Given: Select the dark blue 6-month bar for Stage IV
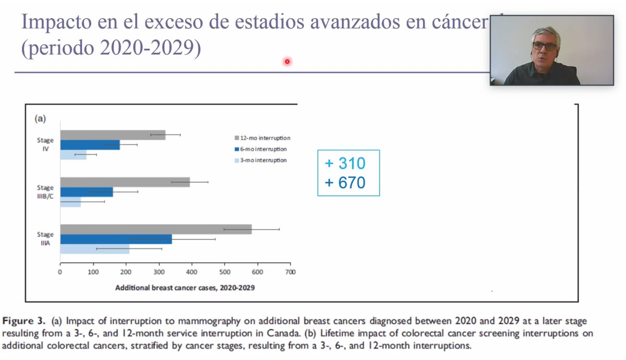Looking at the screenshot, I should [x=90, y=145].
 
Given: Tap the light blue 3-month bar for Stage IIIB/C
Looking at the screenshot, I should [x=70, y=202].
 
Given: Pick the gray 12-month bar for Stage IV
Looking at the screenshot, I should [x=113, y=135].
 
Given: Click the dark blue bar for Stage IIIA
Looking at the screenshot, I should [x=116, y=239].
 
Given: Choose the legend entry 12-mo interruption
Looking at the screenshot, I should [x=262, y=138].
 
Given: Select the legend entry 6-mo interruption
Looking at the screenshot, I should [x=260, y=149].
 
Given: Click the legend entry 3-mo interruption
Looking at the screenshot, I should [x=260, y=160].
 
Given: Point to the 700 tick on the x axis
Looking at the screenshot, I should [x=291, y=272].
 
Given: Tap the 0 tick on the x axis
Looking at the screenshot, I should [x=61, y=272].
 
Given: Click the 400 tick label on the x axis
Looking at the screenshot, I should [x=192, y=272].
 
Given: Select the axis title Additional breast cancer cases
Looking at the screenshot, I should [x=185, y=287].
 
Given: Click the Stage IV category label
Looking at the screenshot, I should [x=45, y=145].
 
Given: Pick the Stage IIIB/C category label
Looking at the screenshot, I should [x=45, y=191].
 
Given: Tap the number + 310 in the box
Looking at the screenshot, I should [x=345, y=163].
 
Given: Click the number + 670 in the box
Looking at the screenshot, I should [x=345, y=183].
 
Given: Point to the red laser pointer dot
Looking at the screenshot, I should [x=287, y=62].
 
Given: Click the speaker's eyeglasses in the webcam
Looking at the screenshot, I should [x=544, y=46].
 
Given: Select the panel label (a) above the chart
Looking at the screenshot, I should [x=40, y=118].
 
